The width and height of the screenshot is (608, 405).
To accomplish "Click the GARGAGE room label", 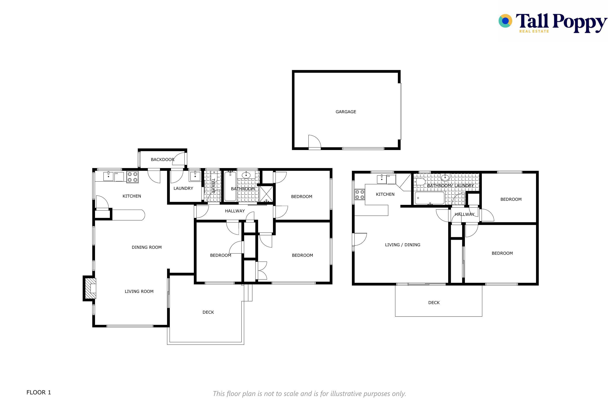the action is click(x=346, y=112).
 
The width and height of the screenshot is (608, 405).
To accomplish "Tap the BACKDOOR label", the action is click(x=163, y=160).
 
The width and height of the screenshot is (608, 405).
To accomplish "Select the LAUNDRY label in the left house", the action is click(x=183, y=188).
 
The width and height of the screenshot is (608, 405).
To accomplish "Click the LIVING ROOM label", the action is click(x=139, y=291).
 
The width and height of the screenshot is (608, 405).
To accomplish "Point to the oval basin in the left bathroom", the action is click(x=246, y=175).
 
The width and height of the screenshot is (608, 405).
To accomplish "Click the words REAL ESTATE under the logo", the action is click(x=534, y=31).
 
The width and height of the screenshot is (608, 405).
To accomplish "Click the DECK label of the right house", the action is click(x=434, y=302).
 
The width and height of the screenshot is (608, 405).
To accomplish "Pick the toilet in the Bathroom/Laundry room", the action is click(x=420, y=182).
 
